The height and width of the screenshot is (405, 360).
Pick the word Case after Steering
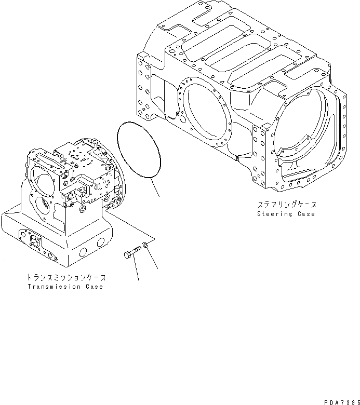click(x=306, y=214)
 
